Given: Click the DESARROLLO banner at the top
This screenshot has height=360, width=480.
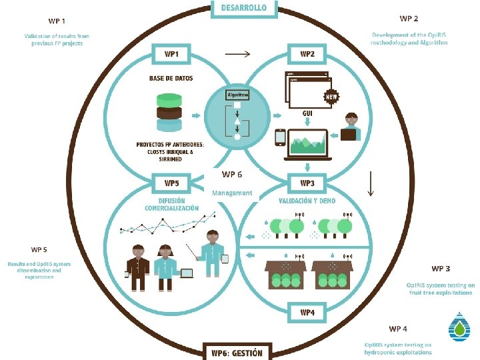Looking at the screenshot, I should (x=239, y=8).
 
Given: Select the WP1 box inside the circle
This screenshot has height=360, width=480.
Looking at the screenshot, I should (x=172, y=53).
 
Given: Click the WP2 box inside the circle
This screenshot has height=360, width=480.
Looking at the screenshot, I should (x=307, y=53).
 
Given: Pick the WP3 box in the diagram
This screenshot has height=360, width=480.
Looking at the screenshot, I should (x=307, y=182).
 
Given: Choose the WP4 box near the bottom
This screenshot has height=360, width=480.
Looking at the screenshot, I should (x=307, y=312).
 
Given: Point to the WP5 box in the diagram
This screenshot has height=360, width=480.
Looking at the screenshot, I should (x=172, y=182).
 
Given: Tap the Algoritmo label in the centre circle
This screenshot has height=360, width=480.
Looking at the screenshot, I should (x=237, y=95).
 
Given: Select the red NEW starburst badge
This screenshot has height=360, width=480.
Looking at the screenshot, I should (x=331, y=97).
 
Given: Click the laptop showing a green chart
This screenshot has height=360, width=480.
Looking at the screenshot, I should (x=308, y=144).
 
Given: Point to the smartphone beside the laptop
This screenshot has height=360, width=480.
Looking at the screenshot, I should (x=281, y=138).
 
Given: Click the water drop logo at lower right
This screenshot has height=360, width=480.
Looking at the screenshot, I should (x=459, y=327).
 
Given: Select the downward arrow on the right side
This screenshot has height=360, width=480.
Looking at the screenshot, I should (x=371, y=183).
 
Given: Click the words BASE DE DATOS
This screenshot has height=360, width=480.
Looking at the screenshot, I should (x=171, y=78).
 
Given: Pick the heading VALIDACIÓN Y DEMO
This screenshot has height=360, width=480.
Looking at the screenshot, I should (x=307, y=200).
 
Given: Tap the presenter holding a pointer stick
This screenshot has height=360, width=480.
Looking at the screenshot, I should (x=213, y=253).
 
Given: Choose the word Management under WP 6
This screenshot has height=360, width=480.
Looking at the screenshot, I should (x=232, y=193).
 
